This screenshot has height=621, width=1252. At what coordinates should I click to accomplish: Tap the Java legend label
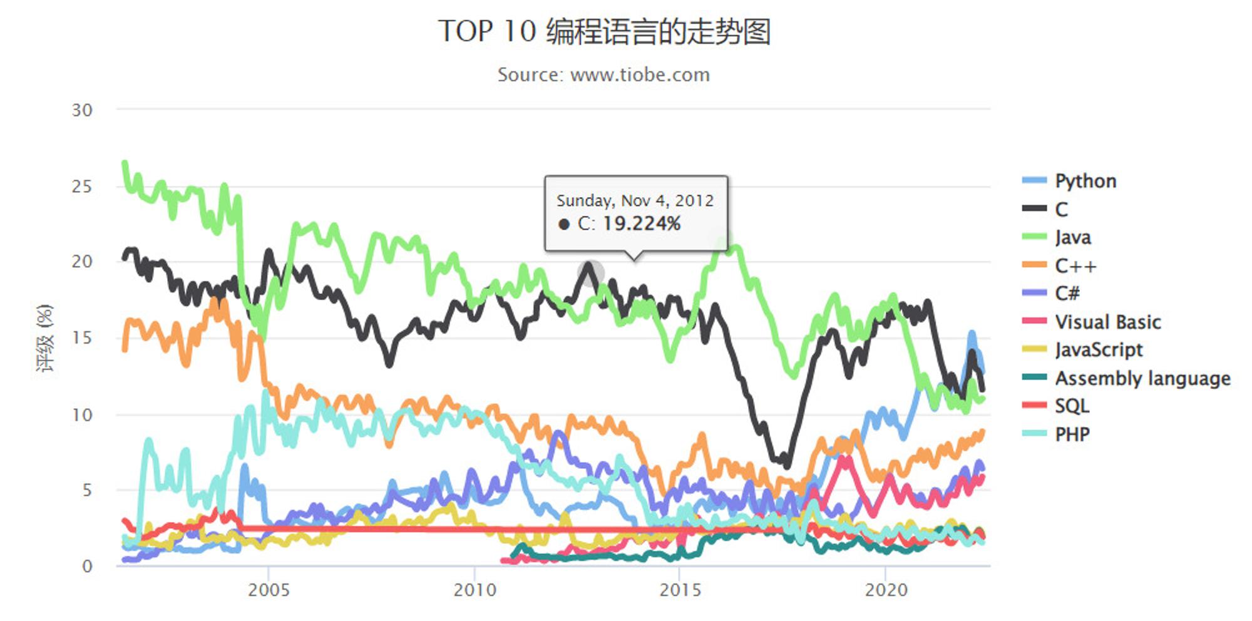click(1073, 238)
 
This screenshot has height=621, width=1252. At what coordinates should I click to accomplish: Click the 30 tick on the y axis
click(82, 110)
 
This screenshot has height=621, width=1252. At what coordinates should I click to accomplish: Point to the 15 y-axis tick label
click(82, 338)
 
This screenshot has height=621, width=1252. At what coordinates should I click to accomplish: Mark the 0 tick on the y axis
click(87, 566)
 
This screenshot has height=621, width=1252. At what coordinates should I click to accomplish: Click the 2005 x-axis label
click(269, 590)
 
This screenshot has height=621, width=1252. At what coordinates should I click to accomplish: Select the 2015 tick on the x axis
click(680, 590)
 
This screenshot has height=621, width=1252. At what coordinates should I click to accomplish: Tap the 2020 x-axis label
click(886, 590)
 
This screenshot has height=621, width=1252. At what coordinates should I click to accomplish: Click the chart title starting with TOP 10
click(604, 31)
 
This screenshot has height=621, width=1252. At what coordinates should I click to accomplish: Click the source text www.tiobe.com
click(640, 75)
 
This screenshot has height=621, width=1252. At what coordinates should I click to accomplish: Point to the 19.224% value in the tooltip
click(642, 223)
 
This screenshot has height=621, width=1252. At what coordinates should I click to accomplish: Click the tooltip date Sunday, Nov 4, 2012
click(635, 200)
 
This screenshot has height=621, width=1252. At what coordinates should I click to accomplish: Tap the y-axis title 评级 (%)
click(45, 338)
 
